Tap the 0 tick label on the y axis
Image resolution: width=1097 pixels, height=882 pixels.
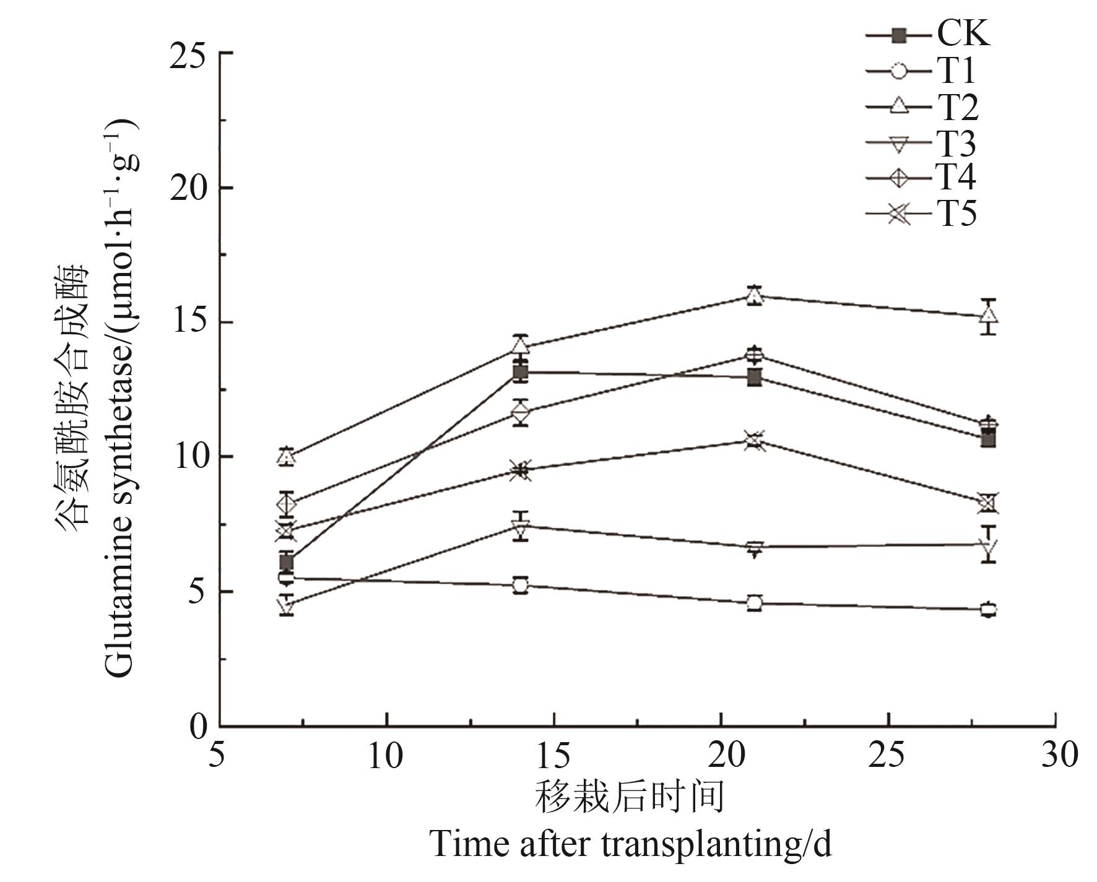[198, 725]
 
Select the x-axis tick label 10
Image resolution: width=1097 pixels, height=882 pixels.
[386, 756]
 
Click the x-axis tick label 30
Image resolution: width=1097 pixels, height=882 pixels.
[1059, 756]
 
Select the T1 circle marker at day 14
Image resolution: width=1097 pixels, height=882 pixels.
[521, 585]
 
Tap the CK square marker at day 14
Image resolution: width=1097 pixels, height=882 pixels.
[521, 373]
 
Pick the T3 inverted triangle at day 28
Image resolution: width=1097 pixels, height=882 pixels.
[989, 545]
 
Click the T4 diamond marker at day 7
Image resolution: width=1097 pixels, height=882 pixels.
[286, 504]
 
